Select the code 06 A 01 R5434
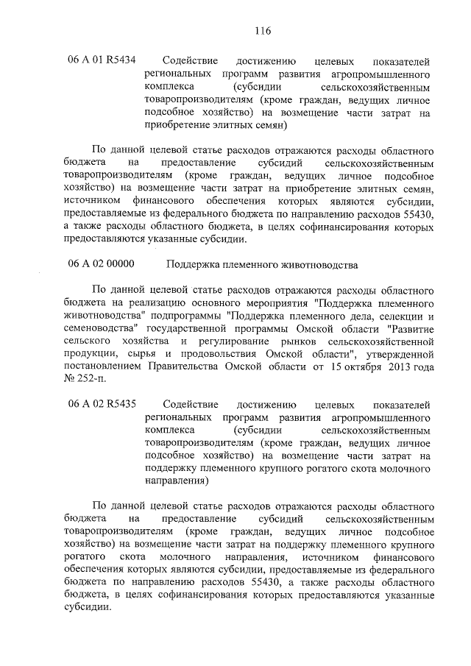(x=102, y=60)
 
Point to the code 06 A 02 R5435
(x=102, y=405)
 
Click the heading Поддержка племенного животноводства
(x=262, y=263)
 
